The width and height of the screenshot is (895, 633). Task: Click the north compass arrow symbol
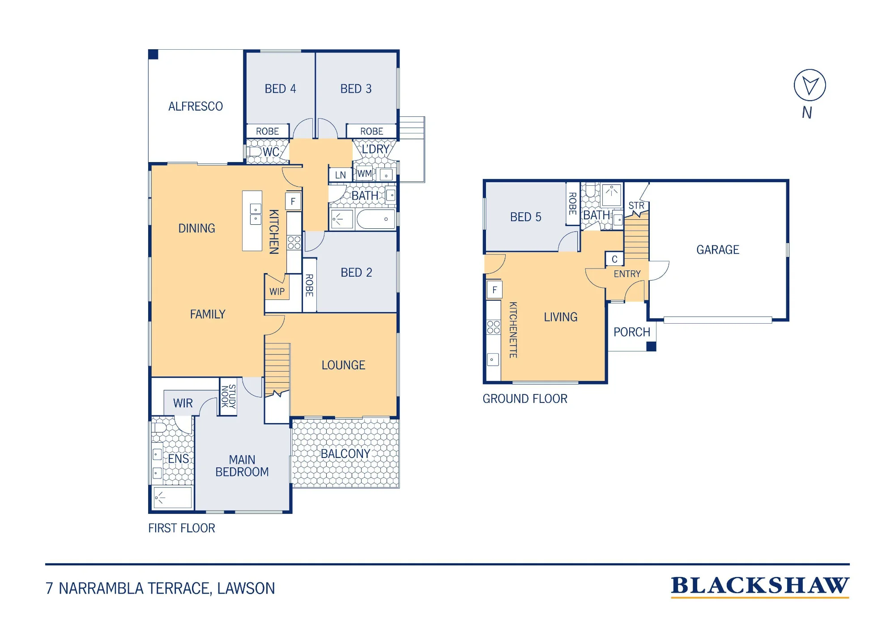[810, 85]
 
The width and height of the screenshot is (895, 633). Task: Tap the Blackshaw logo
[760, 586]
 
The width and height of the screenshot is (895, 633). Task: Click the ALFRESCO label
[196, 107]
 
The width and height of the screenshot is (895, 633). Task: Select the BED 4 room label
[281, 89]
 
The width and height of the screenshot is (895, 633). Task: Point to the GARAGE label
[718, 250]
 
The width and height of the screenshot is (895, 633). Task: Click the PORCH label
[632, 332]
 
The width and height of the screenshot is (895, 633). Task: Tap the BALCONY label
[345, 454]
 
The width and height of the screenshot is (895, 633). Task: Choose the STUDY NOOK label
[228, 396]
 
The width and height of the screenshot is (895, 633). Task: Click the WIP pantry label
[277, 292]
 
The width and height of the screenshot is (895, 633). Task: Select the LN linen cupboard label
[341, 175]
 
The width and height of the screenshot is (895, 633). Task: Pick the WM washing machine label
[364, 174]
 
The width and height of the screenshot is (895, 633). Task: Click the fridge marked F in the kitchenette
[494, 290]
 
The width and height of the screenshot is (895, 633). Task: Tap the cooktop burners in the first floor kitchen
[294, 243]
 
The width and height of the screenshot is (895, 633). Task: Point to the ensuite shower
[173, 497]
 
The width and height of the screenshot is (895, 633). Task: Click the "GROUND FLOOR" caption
[525, 399]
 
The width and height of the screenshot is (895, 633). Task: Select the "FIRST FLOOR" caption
[182, 528]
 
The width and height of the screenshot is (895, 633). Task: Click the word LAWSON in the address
[246, 588]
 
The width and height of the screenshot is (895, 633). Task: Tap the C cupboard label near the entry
[614, 259]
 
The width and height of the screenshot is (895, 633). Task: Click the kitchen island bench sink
[256, 214]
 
